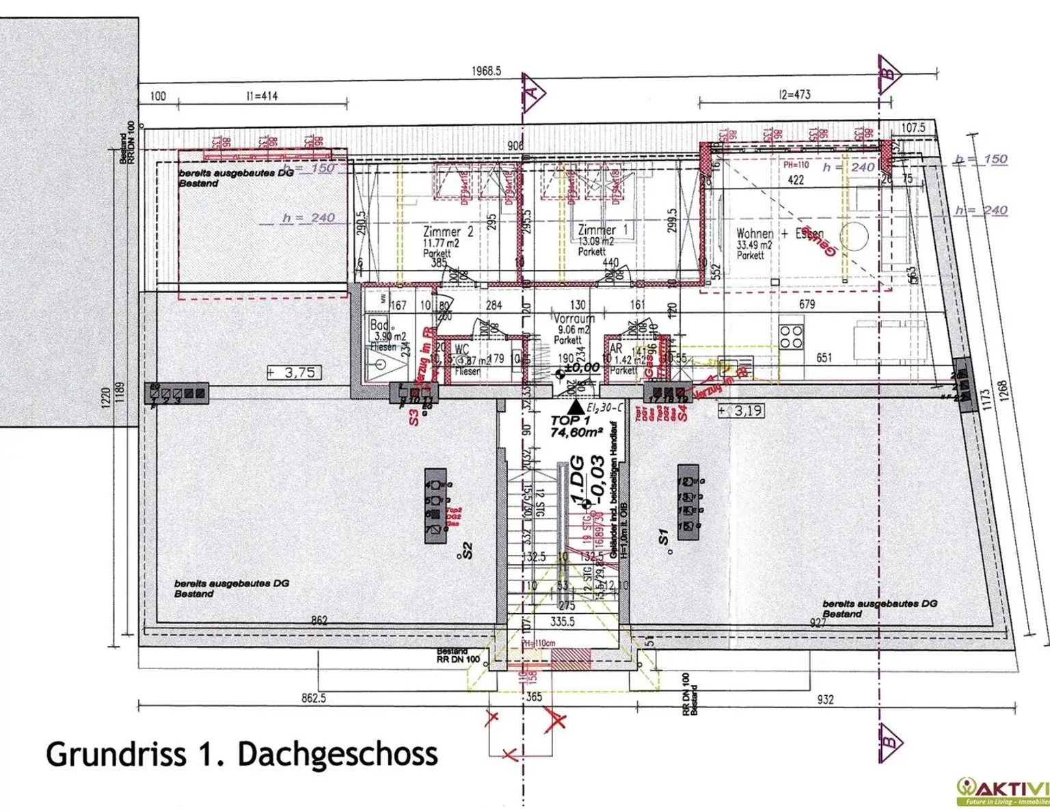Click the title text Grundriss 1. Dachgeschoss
click(241, 755)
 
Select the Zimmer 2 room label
click(448, 232)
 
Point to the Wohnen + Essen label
click(779, 234)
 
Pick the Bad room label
click(379, 325)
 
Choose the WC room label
click(461, 350)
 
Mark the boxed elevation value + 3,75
click(294, 373)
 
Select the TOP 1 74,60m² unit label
click(576, 426)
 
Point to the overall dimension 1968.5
click(486, 71)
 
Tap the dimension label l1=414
click(262, 96)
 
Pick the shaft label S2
click(467, 551)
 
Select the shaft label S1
click(662, 537)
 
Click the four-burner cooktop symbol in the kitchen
click(791, 337)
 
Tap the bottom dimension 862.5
click(314, 698)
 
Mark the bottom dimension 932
click(825, 699)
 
